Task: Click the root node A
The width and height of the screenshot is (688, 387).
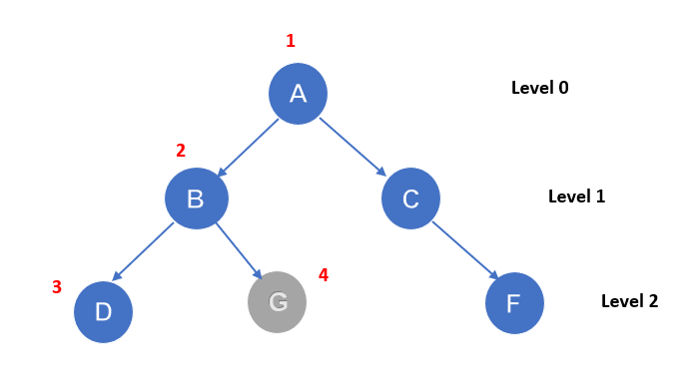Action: [x=298, y=94]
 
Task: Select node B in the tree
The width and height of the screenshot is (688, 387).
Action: [x=196, y=198]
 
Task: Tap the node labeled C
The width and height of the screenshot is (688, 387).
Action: [x=410, y=198]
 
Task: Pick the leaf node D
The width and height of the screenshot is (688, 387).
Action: [x=103, y=312]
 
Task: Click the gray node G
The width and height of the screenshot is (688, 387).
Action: [x=277, y=301]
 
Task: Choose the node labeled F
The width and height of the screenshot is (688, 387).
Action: [x=514, y=303]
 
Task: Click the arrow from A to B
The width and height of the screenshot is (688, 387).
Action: [x=248, y=146]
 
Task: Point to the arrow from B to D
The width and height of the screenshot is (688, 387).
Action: [x=145, y=251]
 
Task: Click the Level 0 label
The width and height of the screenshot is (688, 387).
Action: [x=539, y=88]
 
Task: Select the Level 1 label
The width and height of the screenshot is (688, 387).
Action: [x=576, y=196]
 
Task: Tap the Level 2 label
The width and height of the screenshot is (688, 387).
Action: [x=629, y=300]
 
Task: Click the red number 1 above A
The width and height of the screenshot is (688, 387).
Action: [x=291, y=41]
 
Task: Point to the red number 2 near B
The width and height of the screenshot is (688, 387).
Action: [x=181, y=151]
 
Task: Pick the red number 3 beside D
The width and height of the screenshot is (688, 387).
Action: [x=57, y=287]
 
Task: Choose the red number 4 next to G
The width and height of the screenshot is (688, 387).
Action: [x=323, y=274]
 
